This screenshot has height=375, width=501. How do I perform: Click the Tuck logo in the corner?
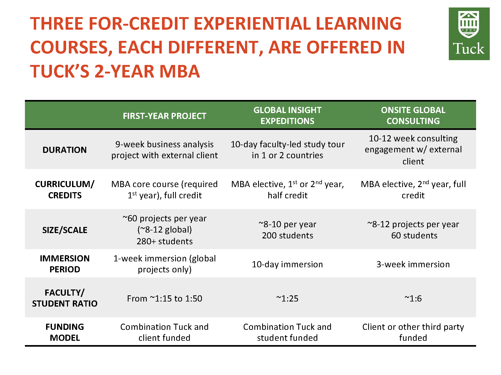point(469,34)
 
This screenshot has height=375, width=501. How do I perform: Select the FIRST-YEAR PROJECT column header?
point(164,116)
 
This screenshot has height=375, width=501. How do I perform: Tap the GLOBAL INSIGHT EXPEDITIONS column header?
point(287,115)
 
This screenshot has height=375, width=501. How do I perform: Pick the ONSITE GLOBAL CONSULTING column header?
point(413,115)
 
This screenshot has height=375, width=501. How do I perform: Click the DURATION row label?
point(65,150)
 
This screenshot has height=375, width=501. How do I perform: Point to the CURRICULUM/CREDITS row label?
point(65,190)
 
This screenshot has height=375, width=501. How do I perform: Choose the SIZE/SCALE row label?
point(65,230)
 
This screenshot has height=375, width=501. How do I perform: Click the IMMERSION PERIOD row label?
point(65,264)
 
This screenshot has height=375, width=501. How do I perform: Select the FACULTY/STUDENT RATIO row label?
point(65,298)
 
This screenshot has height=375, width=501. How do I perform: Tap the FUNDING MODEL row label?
point(65,332)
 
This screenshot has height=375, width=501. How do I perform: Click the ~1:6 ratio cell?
point(413,298)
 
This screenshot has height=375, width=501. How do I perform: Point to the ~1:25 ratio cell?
point(287,298)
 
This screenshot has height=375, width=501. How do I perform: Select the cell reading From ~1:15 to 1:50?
point(164,298)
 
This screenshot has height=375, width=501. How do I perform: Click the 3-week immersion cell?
point(413,264)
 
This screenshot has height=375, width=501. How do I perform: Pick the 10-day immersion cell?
point(287,264)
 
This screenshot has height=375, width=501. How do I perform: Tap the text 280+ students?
point(164,241)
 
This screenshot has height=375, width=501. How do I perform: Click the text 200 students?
point(288,235)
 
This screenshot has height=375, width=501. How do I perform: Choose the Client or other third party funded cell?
point(413,332)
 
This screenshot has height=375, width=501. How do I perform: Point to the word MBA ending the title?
point(180,71)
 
